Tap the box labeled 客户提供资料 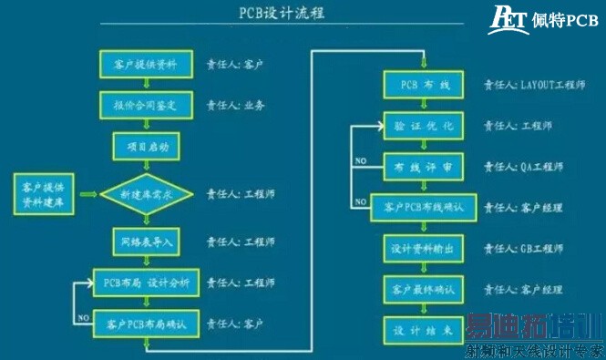[x=145, y=66]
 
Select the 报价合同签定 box [x=145, y=106]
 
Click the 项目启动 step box [x=145, y=146]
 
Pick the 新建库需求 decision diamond [x=145, y=193]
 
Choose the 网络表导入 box [x=145, y=242]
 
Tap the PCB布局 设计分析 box [x=146, y=283]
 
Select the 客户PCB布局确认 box [x=146, y=324]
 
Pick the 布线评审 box [x=422, y=167]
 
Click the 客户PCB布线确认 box [x=422, y=207]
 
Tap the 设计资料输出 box [x=422, y=248]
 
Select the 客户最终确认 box [x=422, y=289]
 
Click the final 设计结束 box [x=422, y=329]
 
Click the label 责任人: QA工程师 [x=523, y=167]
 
